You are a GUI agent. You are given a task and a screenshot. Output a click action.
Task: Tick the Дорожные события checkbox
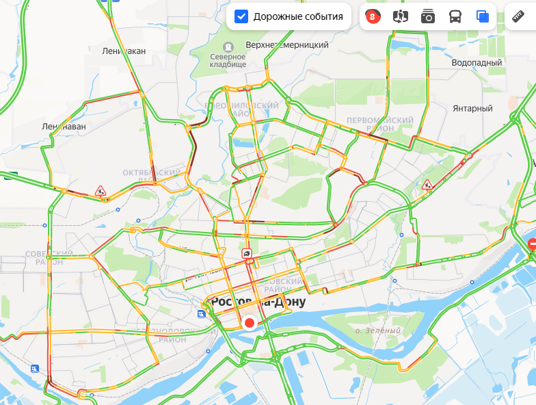241,16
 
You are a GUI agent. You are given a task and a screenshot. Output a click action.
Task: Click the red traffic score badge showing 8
373,16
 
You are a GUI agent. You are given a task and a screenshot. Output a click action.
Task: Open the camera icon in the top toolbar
428,16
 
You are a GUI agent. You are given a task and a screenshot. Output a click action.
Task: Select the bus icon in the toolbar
455,16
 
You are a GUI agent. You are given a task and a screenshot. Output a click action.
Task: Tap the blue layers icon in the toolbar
483,16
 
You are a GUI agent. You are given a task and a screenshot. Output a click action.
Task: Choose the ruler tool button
520,16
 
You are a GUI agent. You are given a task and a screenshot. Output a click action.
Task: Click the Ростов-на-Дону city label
258,302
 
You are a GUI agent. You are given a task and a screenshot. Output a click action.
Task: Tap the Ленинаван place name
64,127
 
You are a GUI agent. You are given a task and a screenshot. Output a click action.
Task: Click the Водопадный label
477,62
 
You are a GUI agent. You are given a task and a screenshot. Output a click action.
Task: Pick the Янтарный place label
472,108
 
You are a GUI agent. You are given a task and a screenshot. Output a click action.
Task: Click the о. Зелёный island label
378,331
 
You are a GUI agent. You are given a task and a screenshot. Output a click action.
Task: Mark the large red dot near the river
250,323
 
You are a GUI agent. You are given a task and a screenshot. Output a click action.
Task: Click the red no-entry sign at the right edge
533,243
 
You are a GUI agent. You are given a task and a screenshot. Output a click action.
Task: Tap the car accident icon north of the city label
246,254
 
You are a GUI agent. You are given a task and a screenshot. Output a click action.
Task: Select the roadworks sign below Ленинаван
100,191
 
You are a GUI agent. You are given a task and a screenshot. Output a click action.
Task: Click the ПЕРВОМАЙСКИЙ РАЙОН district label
380,124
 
